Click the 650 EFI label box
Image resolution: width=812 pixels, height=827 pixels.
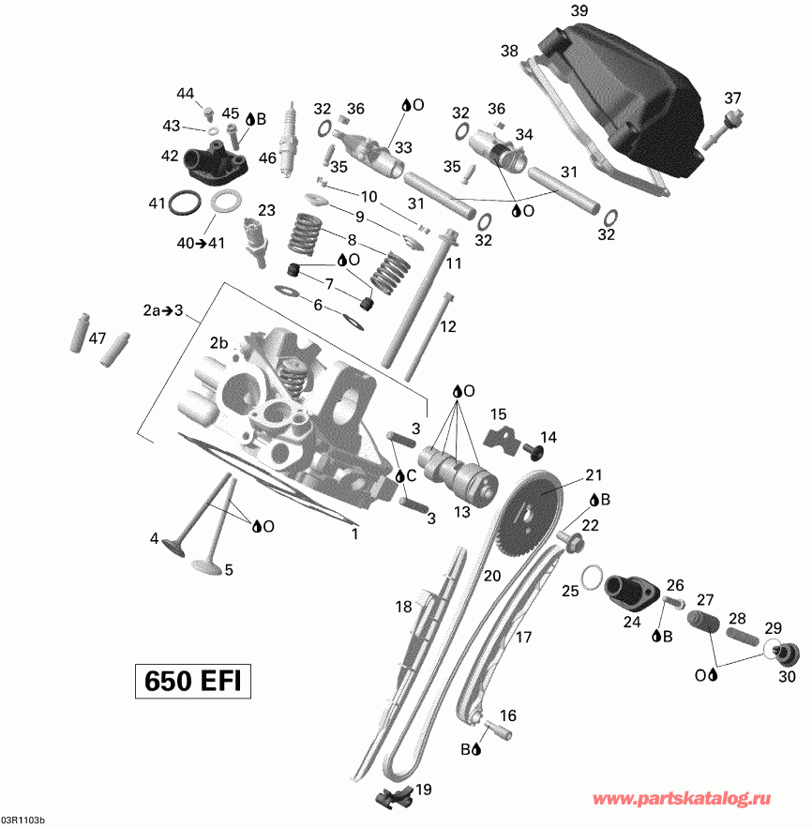point(193,680)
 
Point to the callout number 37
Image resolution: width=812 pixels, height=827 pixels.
point(732,98)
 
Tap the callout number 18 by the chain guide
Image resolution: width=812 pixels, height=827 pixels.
point(403,607)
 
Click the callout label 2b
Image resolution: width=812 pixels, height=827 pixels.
point(219,342)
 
